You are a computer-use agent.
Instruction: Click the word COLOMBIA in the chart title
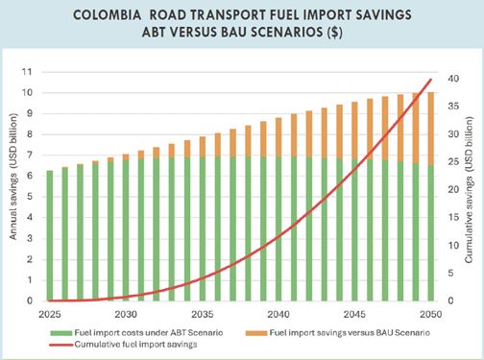coord(108,15)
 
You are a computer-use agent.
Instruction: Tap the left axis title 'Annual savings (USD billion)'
coord(12,177)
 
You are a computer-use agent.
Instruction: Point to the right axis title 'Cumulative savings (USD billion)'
coord(469,190)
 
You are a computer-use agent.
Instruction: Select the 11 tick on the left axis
coord(27,72)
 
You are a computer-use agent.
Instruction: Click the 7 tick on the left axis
coord(30,155)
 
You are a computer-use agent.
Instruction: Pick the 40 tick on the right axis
coord(453,79)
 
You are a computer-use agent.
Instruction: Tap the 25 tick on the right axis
coord(453,162)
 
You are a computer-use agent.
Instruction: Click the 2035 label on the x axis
coord(203,315)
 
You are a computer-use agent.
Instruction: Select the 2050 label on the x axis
coord(431,315)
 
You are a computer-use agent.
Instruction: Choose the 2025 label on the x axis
coord(50,315)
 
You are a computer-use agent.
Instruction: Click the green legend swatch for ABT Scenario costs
coord(61,333)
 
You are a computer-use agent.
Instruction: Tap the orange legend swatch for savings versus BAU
coord(256,333)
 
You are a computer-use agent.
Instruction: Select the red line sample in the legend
coord(61,345)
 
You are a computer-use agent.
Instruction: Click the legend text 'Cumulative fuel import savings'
coord(135,345)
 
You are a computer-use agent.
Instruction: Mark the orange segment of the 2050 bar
coord(431,129)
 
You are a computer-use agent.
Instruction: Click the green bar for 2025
coord(50,236)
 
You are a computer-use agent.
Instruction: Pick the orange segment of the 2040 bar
coord(278,137)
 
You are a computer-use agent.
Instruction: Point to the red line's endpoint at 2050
coord(431,79)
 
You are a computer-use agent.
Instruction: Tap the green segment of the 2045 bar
coord(354,230)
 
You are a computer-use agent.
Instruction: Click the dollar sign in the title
coord(334,33)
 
